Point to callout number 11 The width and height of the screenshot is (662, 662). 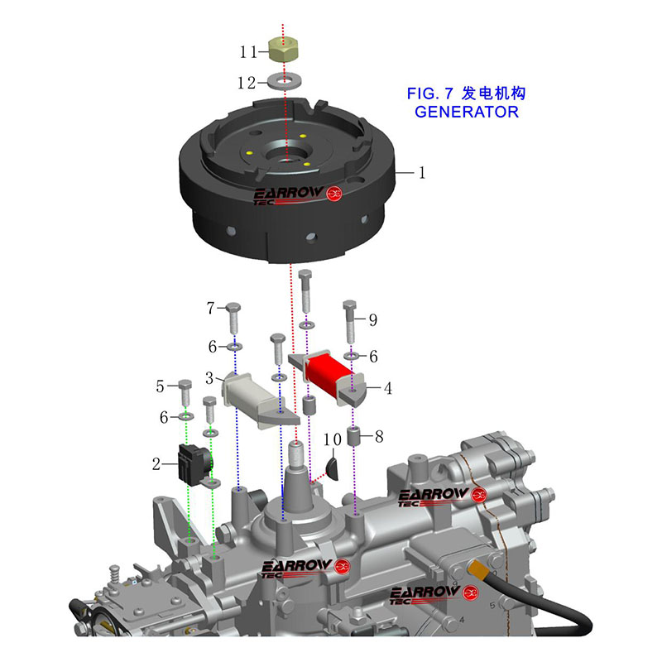point(249,52)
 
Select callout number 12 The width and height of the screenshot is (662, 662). point(248,83)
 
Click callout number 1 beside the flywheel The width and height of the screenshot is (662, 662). point(421,173)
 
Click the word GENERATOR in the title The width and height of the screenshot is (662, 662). point(466,112)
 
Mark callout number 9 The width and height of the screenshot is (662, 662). point(372,319)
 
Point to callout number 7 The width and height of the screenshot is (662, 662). point(211,309)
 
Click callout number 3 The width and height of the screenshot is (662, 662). point(211,378)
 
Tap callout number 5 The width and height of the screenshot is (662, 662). point(160,386)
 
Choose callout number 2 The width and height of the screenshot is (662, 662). point(156,465)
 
